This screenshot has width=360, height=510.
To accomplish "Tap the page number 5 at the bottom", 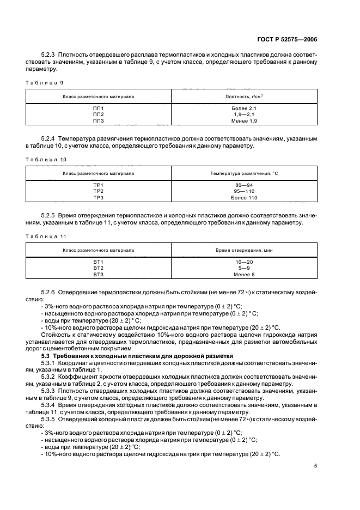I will pyautogui.click(x=315, y=466).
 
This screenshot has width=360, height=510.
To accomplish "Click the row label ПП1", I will pyautogui.click(x=98, y=108).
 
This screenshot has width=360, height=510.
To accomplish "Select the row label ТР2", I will pyautogui.click(x=98, y=191).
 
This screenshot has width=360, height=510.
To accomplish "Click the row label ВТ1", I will pyautogui.click(x=98, y=263).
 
